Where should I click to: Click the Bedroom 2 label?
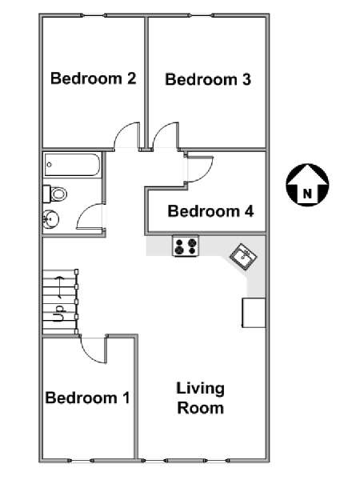coord(94,78)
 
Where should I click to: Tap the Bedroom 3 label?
coord(208,79)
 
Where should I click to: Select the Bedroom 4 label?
coord(210,211)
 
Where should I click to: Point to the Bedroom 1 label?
coord(87,398)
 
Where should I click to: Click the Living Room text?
coord(201,398)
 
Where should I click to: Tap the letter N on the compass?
coord(307,194)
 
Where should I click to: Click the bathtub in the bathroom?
coord(72,165)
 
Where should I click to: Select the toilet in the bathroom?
coord(55,194)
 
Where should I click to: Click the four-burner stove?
coord(186,246)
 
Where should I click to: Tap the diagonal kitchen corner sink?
coord(244,257)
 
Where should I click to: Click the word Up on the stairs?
coord(59,313)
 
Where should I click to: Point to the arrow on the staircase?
coord(59,287)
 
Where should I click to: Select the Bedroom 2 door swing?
coord(127,137)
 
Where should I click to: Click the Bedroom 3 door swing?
coord(166,137)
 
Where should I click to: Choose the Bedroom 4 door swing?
coord(199,170)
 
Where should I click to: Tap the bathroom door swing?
coord(89,216)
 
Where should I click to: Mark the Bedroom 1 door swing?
coord(94,350)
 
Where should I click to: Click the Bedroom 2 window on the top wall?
coord(94,15)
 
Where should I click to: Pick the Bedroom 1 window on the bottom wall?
coord(80,460)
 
